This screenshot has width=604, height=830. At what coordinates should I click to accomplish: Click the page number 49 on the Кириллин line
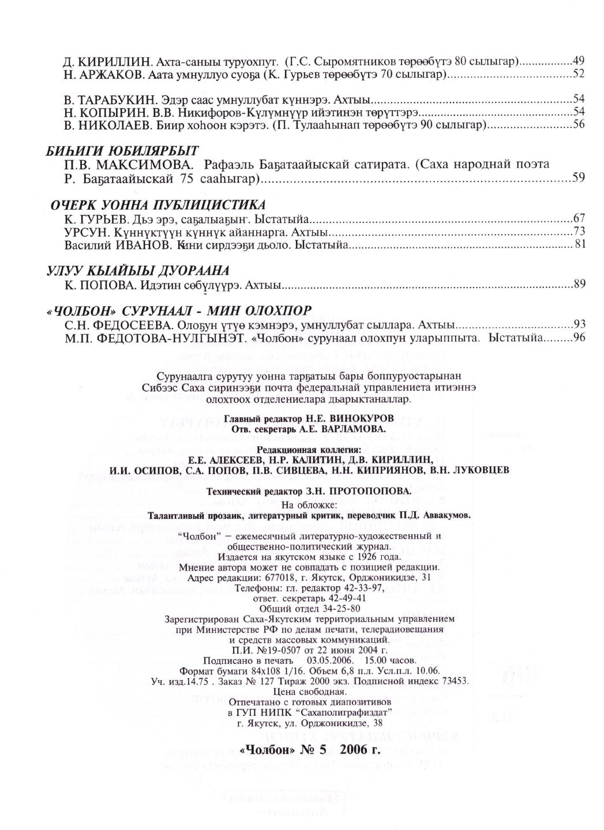[x=579, y=61]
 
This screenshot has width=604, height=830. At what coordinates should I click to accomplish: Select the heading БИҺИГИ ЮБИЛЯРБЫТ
[x=122, y=151]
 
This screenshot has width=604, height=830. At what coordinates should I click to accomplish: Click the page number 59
[x=579, y=178]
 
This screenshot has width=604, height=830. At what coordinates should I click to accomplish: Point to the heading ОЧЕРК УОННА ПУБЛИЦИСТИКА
[x=158, y=205]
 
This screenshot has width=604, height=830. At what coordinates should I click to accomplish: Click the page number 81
[x=580, y=244]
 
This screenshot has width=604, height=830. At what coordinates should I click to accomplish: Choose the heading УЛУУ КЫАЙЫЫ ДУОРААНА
[x=138, y=270]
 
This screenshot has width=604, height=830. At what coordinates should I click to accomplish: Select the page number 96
[x=579, y=338]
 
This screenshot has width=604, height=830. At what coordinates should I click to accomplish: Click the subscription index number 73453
[x=453, y=681]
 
